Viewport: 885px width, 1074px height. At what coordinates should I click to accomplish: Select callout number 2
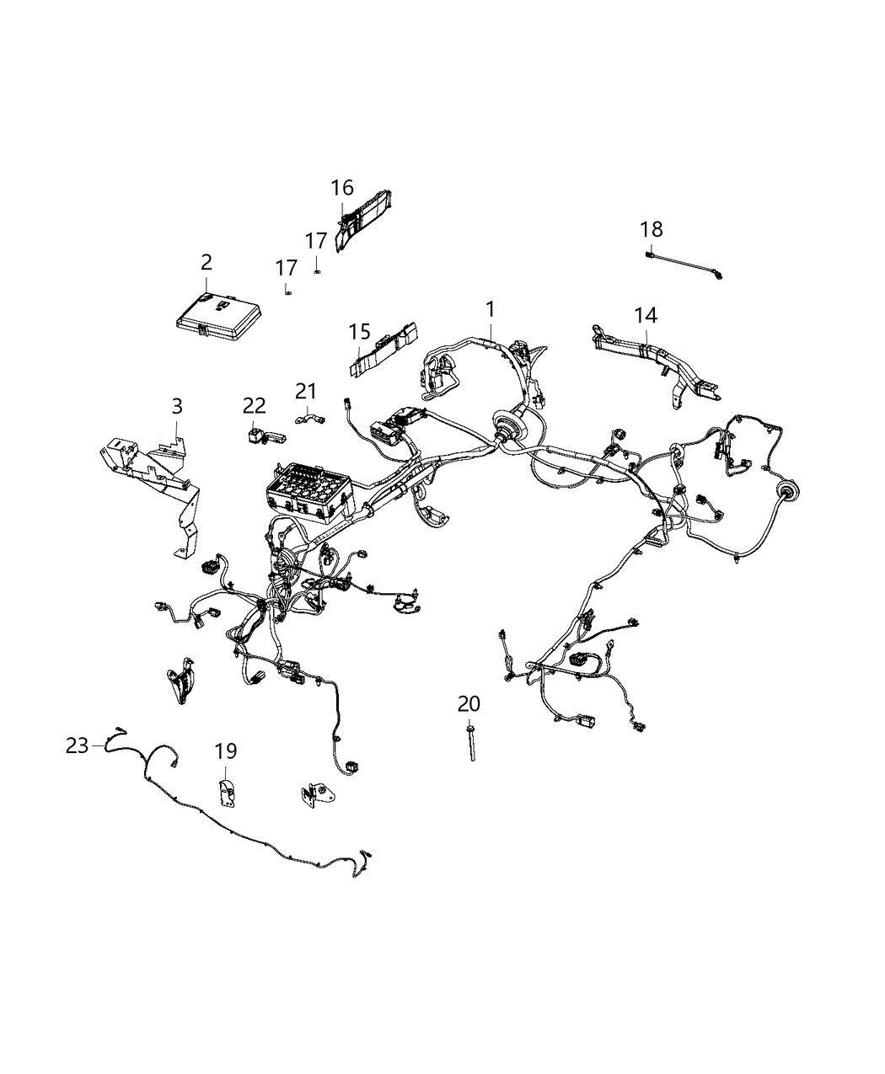click(206, 263)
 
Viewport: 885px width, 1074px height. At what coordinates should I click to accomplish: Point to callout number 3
click(176, 406)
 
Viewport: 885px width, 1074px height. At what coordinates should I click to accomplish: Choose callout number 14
click(646, 315)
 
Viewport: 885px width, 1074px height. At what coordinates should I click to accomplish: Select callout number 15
click(360, 331)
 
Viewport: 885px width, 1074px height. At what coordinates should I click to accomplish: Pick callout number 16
click(342, 187)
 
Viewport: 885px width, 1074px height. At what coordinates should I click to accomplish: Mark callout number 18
click(651, 228)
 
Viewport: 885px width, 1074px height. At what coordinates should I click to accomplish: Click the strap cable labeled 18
click(683, 262)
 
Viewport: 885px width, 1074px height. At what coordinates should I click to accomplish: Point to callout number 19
click(226, 750)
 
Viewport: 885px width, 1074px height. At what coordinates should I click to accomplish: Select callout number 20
click(469, 703)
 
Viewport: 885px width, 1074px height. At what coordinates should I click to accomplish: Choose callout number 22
click(255, 406)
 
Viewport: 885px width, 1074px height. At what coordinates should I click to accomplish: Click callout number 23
click(78, 745)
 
